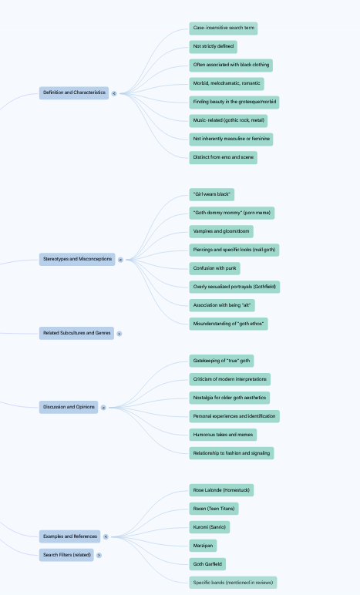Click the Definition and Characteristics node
[x=74, y=93]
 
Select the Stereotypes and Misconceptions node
[x=77, y=260]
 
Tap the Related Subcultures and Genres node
[x=76, y=333]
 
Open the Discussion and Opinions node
[x=69, y=407]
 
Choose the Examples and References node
[x=70, y=536]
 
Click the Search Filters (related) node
[x=66, y=555]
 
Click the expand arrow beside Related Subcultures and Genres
[x=119, y=334]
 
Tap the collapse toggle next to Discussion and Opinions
[x=103, y=408]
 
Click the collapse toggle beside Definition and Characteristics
[x=114, y=94]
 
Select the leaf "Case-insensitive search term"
[x=224, y=29]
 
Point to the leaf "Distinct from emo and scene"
[x=223, y=158]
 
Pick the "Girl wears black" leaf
[x=212, y=195]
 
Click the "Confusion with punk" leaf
[x=215, y=269]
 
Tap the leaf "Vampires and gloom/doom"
[x=221, y=231]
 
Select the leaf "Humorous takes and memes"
[x=223, y=435]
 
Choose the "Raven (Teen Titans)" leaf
[x=214, y=509]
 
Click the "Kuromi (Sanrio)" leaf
[x=210, y=527]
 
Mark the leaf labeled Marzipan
[x=203, y=546]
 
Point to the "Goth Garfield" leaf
[x=207, y=564]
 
